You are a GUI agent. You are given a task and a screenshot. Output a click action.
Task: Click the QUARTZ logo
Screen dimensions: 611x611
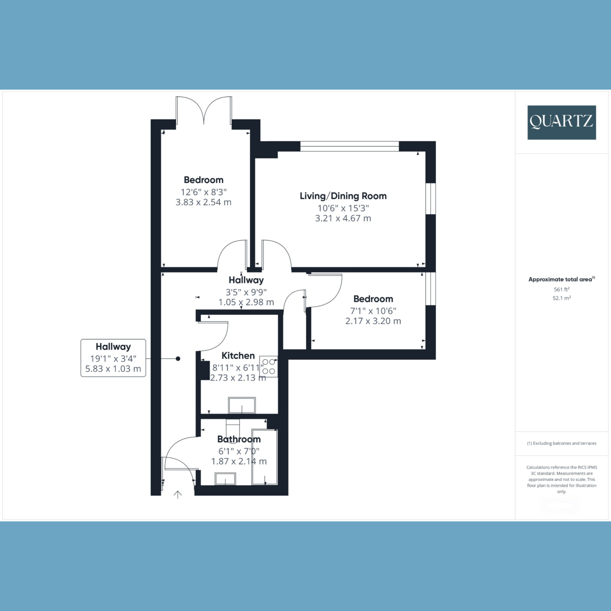click(x=562, y=122)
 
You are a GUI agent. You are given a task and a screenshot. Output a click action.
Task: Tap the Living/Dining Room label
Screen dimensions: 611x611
click(x=343, y=196)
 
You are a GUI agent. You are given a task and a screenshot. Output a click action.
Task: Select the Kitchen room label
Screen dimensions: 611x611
click(x=238, y=355)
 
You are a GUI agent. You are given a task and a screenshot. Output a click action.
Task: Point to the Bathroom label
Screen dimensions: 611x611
click(x=239, y=439)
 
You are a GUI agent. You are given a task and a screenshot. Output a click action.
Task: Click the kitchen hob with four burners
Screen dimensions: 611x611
click(x=268, y=367)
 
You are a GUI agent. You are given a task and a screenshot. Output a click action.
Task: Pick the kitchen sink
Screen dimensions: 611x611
click(x=242, y=405)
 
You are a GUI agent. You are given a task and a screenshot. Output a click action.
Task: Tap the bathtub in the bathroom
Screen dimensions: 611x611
click(x=264, y=457)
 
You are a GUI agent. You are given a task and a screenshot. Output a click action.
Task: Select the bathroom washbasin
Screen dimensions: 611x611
click(x=225, y=479)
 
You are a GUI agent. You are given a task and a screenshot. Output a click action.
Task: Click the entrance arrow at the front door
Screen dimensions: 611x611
click(x=178, y=494)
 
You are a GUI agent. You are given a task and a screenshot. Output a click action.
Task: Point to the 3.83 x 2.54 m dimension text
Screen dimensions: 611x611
click(x=204, y=202)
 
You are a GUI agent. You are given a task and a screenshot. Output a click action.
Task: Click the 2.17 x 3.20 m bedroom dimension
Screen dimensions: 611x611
click(x=373, y=321)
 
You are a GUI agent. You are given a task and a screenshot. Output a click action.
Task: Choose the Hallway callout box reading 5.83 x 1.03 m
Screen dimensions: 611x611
click(x=113, y=358)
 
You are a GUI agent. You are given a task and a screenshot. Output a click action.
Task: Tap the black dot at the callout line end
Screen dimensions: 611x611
click(x=178, y=358)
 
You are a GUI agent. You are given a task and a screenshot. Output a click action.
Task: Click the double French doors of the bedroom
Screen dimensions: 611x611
click(x=204, y=110)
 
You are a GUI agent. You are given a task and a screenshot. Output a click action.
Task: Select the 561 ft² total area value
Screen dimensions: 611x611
click(x=562, y=289)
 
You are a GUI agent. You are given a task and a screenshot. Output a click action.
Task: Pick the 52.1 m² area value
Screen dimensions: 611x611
click(x=562, y=298)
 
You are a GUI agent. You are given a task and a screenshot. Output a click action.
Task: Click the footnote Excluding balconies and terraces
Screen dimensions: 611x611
click(x=562, y=443)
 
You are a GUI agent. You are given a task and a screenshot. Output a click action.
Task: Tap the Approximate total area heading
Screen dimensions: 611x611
click(x=562, y=280)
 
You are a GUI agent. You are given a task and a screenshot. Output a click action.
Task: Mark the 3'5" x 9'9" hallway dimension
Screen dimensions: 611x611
click(x=246, y=292)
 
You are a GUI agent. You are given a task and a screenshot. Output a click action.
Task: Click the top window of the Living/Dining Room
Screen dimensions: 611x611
click(x=349, y=146)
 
